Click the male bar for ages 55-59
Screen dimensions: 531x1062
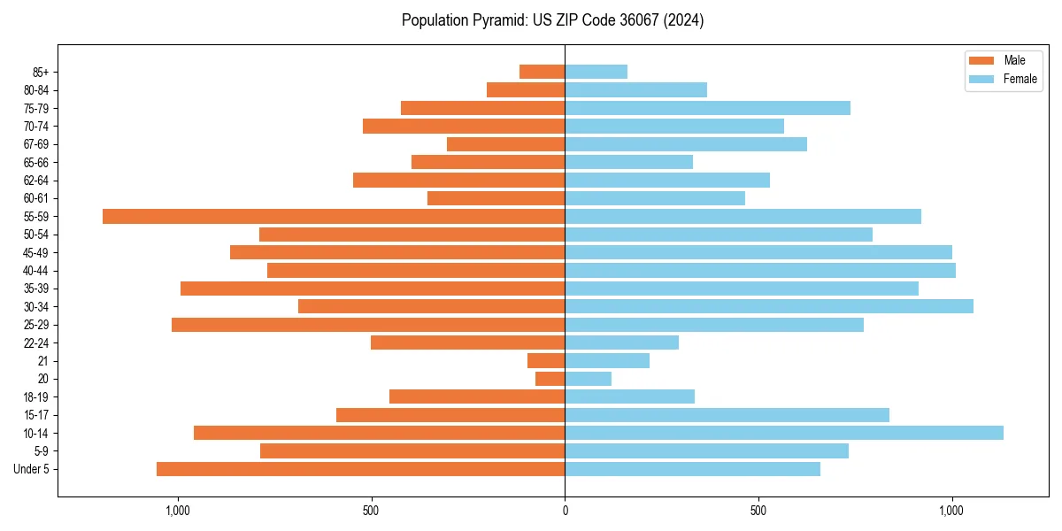pyautogui.click(x=334, y=217)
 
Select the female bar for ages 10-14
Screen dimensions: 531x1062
pyautogui.click(x=784, y=433)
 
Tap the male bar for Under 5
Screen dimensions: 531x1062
pyautogui.click(x=360, y=469)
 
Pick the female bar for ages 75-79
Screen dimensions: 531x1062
pyautogui.click(x=707, y=108)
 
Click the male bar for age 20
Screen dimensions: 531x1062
pyautogui.click(x=550, y=379)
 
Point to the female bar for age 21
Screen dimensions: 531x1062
pyautogui.click(x=607, y=361)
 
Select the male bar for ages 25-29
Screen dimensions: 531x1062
pyautogui.click(x=368, y=325)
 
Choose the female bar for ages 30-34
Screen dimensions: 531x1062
pyautogui.click(x=769, y=306)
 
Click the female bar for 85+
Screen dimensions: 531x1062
pyautogui.click(x=596, y=72)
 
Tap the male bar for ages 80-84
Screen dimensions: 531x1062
pyautogui.click(x=526, y=90)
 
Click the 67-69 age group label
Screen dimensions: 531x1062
pyautogui.click(x=36, y=144)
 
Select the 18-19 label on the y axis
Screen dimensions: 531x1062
pyautogui.click(x=36, y=397)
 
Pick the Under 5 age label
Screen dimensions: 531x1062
pyautogui.click(x=32, y=469)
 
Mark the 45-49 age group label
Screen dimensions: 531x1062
pyautogui.click(x=36, y=253)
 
